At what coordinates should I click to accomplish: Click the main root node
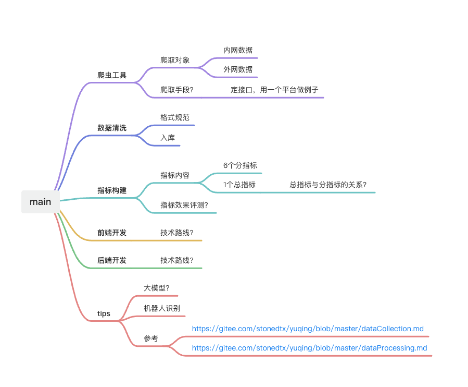click(x=40, y=202)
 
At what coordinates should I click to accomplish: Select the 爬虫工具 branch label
click(x=112, y=75)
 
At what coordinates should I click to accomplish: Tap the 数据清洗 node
click(x=112, y=128)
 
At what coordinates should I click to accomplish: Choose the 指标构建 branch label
click(x=112, y=190)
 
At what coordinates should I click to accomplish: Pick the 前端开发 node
click(x=112, y=233)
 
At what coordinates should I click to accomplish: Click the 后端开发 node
click(x=112, y=260)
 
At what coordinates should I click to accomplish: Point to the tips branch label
click(x=104, y=314)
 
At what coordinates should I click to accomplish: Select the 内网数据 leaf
click(x=238, y=51)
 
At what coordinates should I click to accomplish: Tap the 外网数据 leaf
click(x=238, y=69)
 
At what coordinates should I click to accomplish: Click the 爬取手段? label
click(x=177, y=90)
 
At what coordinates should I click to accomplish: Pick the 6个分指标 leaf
click(x=240, y=166)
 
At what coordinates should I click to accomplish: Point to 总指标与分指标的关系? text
click(x=328, y=185)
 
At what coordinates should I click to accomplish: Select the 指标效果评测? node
click(x=184, y=205)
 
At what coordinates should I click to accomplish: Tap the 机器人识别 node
click(x=162, y=308)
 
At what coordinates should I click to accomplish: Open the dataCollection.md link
click(x=308, y=329)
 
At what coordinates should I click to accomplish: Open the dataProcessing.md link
click(x=309, y=348)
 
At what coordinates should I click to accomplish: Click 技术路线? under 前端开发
click(x=177, y=233)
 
